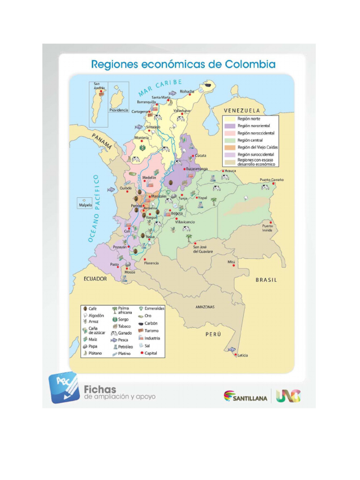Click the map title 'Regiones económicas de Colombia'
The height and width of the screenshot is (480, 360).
[x=183, y=64]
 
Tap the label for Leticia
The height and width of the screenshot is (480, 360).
[x=243, y=355]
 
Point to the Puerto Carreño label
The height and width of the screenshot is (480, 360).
[x=272, y=180]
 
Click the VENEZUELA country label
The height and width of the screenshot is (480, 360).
[x=242, y=110]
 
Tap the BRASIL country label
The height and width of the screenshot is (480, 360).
[x=266, y=280]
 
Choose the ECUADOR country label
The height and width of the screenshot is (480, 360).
[x=95, y=279]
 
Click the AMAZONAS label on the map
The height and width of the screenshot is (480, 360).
[x=204, y=307]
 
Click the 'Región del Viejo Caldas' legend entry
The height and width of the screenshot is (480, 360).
[x=257, y=147]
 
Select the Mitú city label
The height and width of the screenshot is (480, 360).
[x=232, y=262]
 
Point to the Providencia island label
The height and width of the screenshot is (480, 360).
[x=119, y=110]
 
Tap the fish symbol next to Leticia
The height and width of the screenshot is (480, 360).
[x=232, y=350]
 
